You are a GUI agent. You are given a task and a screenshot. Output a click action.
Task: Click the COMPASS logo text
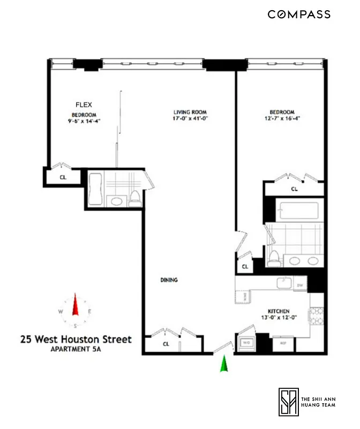[299, 14]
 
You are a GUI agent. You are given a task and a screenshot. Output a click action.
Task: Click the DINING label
[169, 280]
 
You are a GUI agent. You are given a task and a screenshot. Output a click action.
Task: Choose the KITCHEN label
[279, 312]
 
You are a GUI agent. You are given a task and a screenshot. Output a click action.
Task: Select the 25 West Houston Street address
[76, 339]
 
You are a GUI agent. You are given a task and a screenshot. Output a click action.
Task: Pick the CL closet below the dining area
[166, 344]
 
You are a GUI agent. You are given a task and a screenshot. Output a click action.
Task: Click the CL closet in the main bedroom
[294, 189]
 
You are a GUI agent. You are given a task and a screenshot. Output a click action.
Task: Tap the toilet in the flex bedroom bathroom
[136, 198]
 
